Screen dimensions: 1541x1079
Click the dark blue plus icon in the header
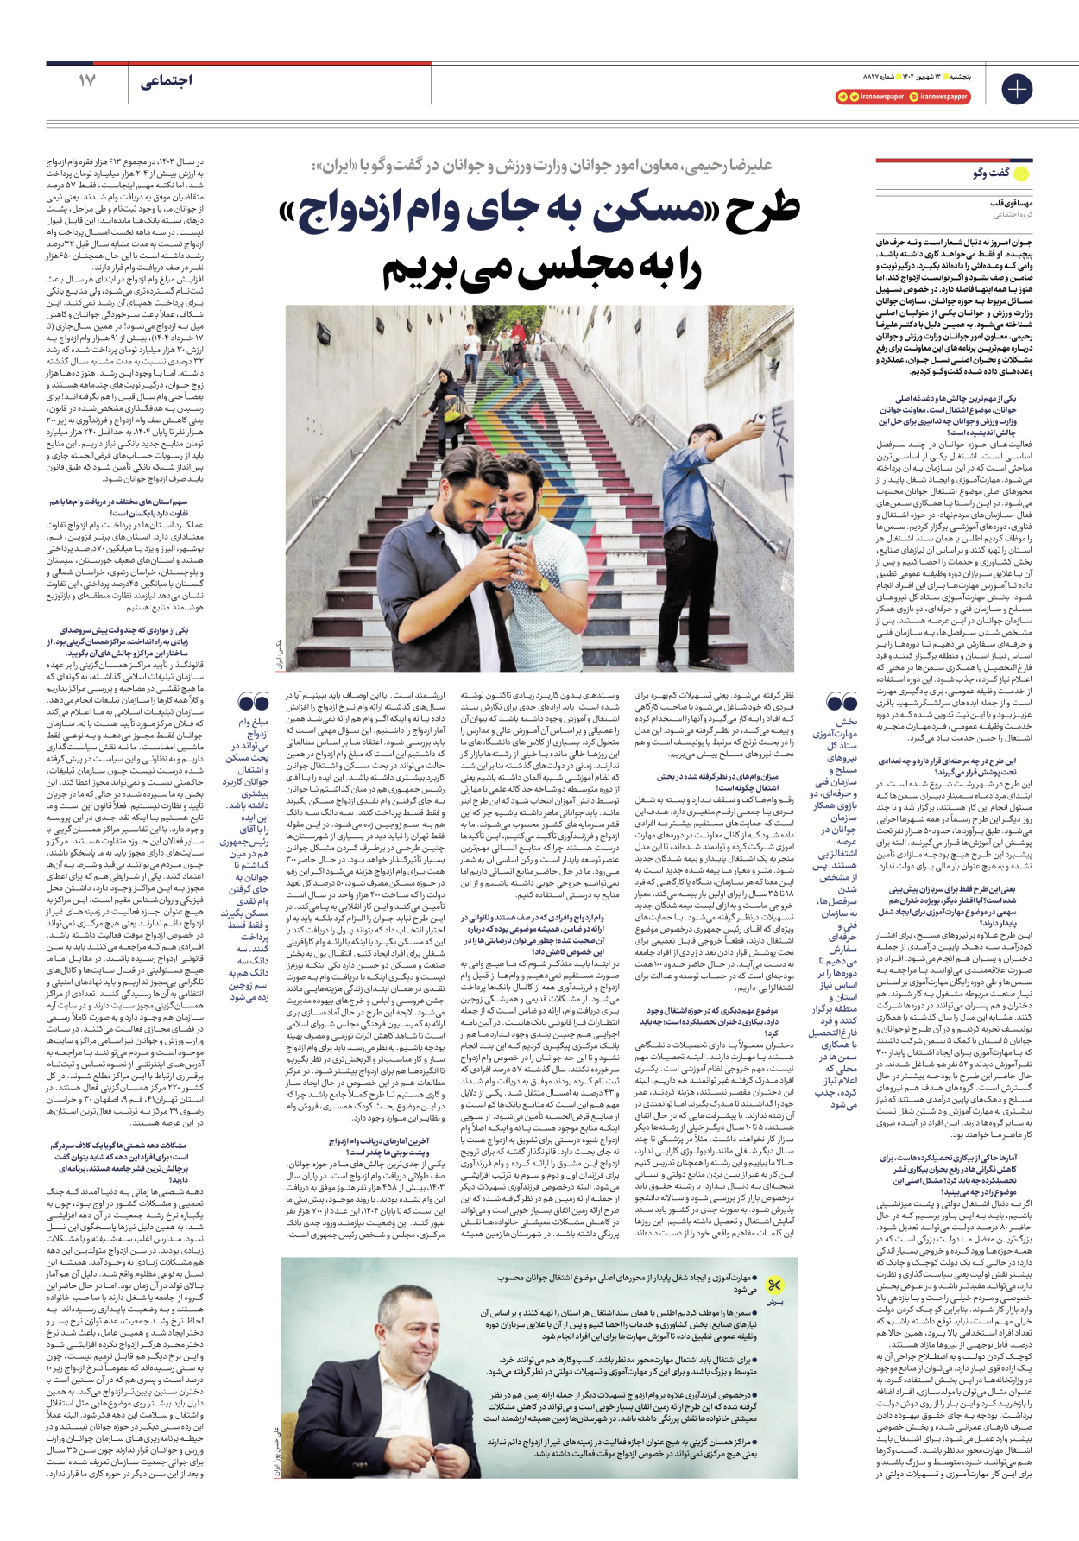1017,89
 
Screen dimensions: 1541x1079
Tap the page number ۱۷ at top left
87,81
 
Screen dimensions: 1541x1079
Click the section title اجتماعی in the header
166,81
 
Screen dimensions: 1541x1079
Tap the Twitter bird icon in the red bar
854,98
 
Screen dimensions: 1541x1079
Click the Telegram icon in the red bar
842,98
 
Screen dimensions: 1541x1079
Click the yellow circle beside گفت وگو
1021,174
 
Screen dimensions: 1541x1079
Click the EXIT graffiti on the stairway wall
779,450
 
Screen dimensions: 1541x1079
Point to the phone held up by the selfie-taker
758,420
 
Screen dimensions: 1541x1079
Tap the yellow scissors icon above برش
774,1285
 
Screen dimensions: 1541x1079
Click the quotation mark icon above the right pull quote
842,701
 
